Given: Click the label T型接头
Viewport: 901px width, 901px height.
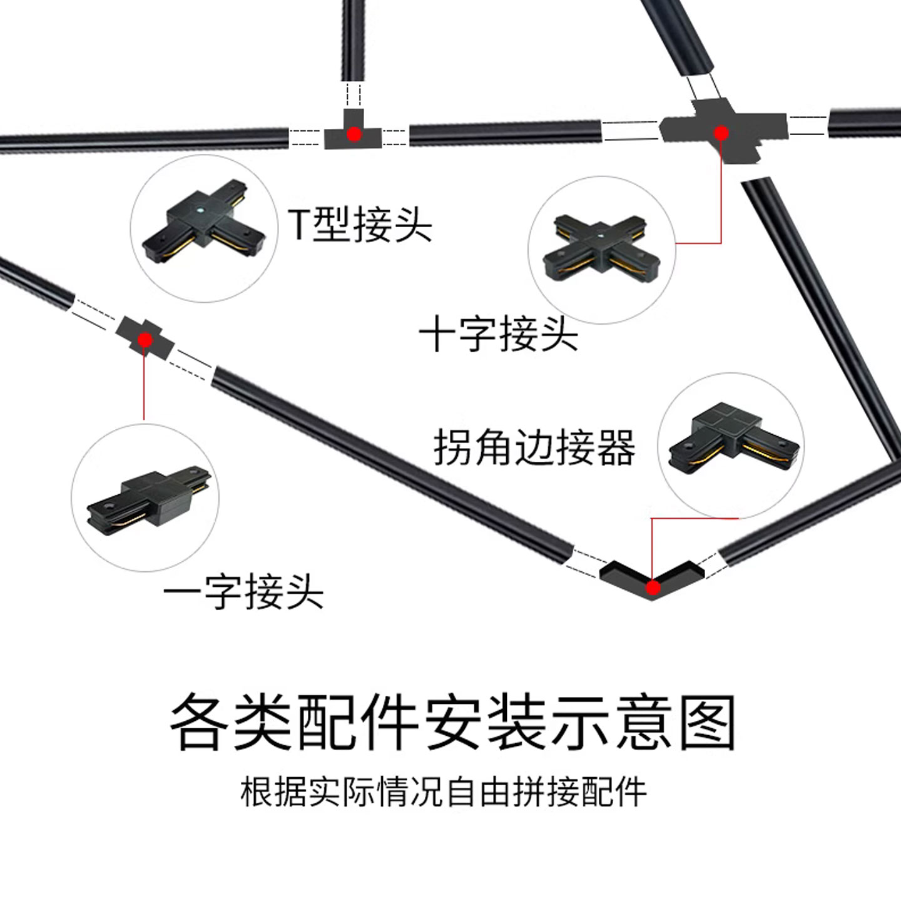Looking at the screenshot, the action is [x=360, y=225].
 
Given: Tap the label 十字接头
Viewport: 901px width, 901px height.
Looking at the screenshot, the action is [x=499, y=335].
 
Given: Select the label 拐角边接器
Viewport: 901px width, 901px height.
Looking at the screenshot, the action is [x=534, y=447].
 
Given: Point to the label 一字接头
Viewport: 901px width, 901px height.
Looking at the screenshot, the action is [x=243, y=592].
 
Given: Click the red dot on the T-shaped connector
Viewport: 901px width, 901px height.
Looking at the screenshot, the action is [x=354, y=134].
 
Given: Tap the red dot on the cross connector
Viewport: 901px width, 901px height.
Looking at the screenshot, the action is [x=721, y=133].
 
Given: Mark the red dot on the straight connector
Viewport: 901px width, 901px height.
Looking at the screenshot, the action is [x=145, y=340].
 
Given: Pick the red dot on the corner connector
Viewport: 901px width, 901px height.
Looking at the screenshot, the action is [x=653, y=588].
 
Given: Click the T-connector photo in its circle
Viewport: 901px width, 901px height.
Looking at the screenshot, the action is [x=204, y=223].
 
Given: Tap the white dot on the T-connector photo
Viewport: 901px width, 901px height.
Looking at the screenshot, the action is [x=200, y=210].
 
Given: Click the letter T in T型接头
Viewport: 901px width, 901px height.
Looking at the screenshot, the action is [x=298, y=225].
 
